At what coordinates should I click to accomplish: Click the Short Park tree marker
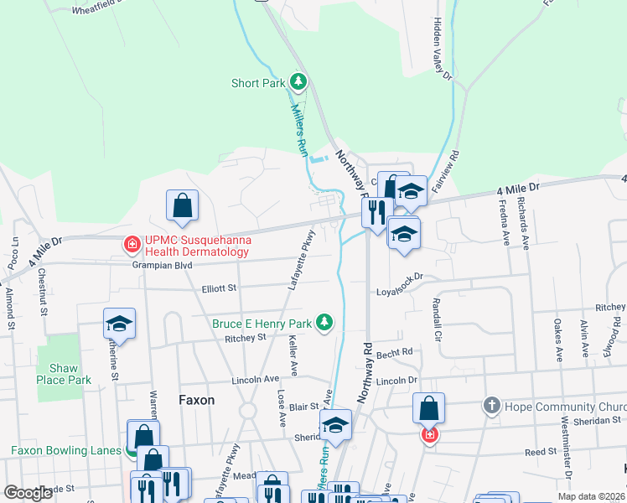pyautogui.click(x=298, y=82)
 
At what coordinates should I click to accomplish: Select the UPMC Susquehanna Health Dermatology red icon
pyautogui.click(x=132, y=245)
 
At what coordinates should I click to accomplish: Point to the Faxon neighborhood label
pyautogui.click(x=197, y=401)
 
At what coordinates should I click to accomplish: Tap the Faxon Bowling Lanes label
pyautogui.click(x=66, y=450)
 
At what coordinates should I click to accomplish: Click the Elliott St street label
pyautogui.click(x=220, y=289)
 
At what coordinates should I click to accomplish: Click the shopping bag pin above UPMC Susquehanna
pyautogui.click(x=182, y=205)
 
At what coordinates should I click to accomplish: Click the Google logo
pyautogui.click(x=28, y=493)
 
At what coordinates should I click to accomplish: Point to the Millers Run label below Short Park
pyautogui.click(x=299, y=125)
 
